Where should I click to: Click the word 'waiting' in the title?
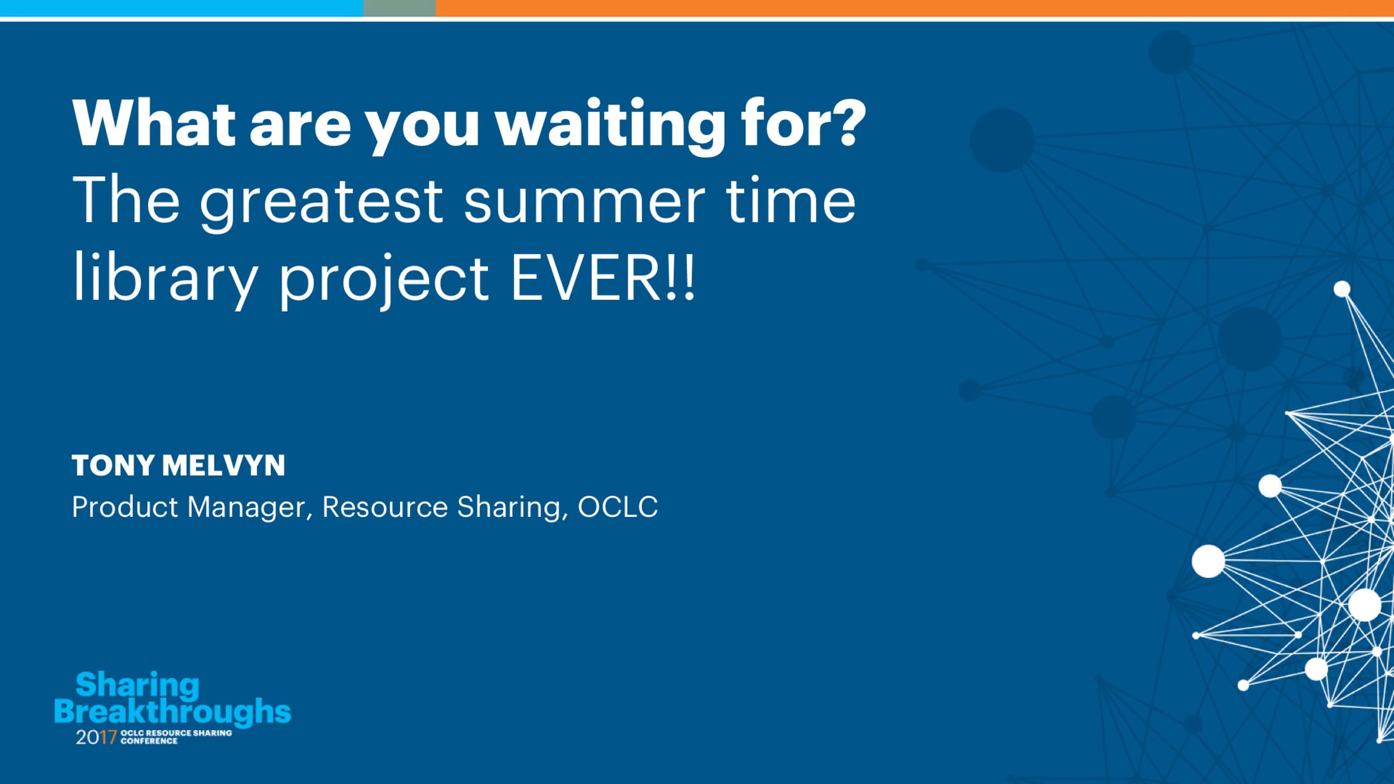610,125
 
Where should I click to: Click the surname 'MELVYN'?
224,466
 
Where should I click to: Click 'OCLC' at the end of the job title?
618,507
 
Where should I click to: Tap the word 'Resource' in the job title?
385,507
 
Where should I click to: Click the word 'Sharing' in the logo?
138,686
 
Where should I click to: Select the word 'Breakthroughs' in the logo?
173,711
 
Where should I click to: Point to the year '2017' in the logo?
96,738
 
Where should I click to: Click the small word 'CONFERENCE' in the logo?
149,742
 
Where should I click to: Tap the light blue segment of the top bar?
182,8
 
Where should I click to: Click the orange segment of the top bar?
915,8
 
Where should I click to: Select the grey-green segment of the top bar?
400,8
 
